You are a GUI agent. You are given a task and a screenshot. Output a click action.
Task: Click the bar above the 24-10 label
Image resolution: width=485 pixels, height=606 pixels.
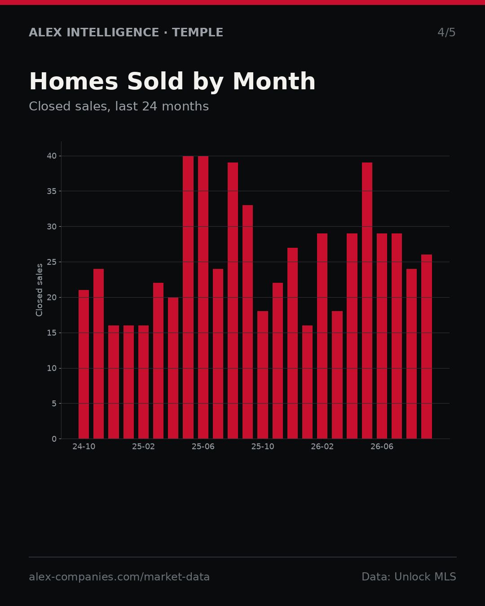pos(84,364)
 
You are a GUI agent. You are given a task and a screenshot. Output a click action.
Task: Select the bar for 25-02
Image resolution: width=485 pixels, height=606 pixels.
pos(143,382)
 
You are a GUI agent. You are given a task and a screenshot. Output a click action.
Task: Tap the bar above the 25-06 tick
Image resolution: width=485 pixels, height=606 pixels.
pos(203,297)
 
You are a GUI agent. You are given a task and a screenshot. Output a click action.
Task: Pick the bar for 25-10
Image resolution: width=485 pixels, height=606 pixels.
pos(263,375)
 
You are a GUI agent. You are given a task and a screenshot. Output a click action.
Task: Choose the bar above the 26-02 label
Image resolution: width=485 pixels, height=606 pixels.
pos(322,336)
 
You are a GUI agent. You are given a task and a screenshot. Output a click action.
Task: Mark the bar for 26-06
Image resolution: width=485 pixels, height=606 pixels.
pos(382,336)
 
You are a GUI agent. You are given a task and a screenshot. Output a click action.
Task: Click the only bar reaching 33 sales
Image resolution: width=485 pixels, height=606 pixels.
pos(248,322)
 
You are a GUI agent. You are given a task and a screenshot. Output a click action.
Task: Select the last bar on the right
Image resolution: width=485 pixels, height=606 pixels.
pos(427,347)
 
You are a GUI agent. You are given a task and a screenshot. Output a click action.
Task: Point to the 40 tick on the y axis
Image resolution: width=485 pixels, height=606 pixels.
pos(52,156)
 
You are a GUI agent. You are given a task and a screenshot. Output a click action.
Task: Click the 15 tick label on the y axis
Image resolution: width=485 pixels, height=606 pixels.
pos(52,333)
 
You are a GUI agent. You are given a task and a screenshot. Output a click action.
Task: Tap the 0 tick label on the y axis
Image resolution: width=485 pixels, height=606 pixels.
pos(54,439)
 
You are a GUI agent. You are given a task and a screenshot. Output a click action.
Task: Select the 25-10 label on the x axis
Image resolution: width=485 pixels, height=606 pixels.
pos(263,447)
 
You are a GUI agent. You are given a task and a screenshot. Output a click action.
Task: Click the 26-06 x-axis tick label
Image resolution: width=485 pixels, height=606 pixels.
pos(382,447)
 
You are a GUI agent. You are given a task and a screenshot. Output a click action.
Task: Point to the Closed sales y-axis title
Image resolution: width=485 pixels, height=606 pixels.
pos(39,290)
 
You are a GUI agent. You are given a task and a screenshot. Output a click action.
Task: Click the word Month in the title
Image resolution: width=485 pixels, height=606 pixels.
pos(274,81)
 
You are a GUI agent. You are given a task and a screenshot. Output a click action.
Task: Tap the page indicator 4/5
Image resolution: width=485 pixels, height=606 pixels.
pos(446,32)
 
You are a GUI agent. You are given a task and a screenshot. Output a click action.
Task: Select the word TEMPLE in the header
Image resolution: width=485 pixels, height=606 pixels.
pos(198,32)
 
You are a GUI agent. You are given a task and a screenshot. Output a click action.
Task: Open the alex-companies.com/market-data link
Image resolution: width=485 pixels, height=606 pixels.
pos(119,577)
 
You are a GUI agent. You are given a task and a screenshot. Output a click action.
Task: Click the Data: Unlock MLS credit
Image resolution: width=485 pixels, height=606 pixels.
pos(409,577)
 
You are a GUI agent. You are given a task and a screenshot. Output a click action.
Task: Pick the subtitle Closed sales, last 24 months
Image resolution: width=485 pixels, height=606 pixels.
pos(119,106)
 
